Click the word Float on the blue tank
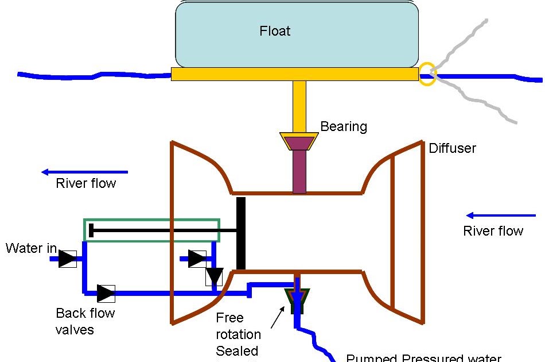275,31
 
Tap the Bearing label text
344,126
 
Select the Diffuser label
452,148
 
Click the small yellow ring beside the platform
427,75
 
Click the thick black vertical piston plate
241,233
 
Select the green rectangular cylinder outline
151,220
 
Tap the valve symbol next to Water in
68,259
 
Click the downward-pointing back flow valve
214,276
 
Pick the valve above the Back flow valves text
106,294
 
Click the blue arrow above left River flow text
85,171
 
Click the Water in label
31,248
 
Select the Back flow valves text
85,321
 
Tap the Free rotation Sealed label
238,334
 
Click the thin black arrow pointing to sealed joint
276,318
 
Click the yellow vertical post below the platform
299,106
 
